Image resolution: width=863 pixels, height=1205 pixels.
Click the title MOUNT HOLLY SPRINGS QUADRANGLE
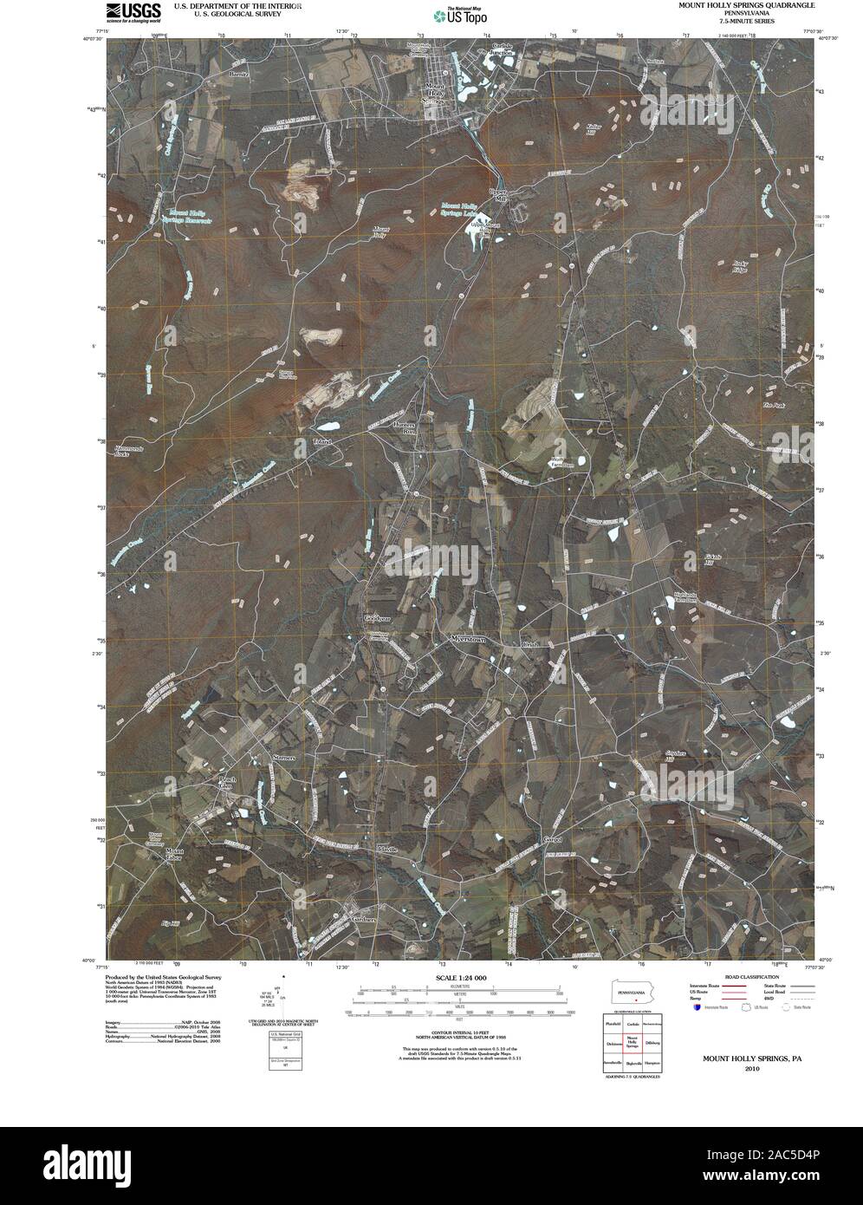point(746,5)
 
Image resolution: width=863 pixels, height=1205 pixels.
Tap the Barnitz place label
point(239,75)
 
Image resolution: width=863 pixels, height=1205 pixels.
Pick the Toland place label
point(323,442)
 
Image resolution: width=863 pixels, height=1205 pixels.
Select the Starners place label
point(285,757)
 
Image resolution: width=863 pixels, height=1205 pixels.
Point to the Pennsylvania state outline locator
point(632,992)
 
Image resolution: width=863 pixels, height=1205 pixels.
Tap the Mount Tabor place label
point(176,856)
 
